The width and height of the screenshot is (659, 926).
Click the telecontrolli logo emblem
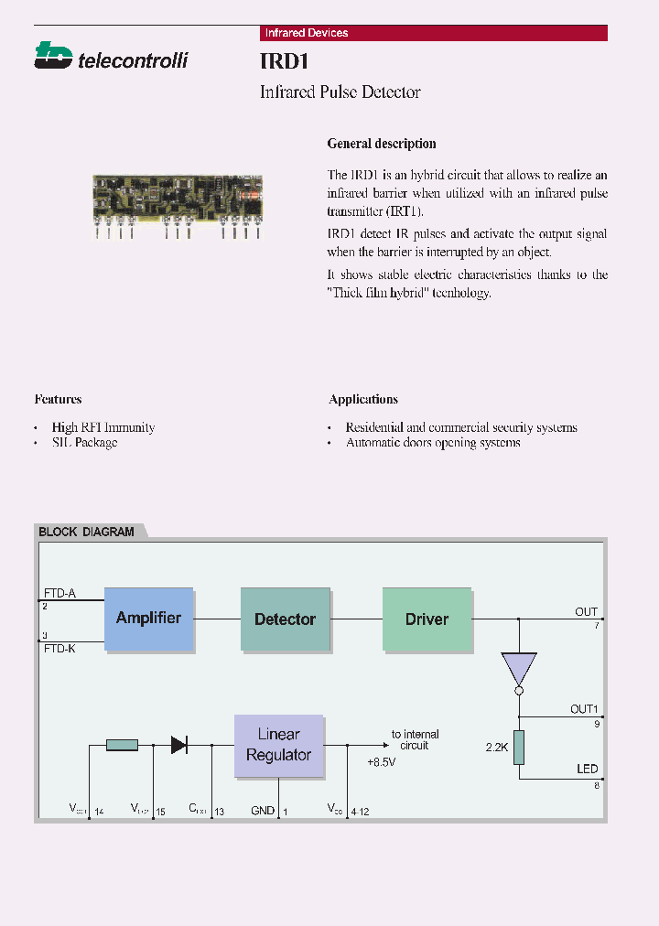[x=53, y=56]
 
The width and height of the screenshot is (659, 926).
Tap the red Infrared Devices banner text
[x=306, y=33]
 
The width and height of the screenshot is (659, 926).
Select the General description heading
[x=382, y=144]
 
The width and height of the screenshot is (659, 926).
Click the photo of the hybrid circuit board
[x=178, y=198]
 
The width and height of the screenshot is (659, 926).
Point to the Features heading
[x=58, y=399]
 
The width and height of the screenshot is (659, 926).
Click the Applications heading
[x=363, y=399]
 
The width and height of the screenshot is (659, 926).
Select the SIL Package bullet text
[x=84, y=443]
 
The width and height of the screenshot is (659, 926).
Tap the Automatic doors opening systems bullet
[x=433, y=443]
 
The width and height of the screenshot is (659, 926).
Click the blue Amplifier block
[x=148, y=619]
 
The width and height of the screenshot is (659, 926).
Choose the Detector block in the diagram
[x=285, y=619]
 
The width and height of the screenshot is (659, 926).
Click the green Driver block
[x=427, y=619]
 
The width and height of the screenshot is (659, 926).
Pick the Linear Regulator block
[x=278, y=746]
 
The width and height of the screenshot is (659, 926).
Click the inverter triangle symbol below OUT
[x=519, y=671]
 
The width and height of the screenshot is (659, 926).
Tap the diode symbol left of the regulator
[x=179, y=745]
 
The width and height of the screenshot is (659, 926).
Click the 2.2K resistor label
[x=497, y=747]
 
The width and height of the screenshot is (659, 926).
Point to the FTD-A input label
[x=59, y=593]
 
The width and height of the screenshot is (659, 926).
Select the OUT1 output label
[x=584, y=709]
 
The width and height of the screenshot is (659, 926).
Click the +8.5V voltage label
[x=381, y=761]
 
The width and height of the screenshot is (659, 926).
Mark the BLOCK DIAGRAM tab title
[x=86, y=532]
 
